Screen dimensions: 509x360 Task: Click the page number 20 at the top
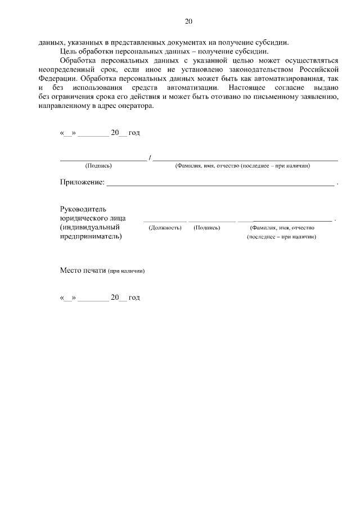click(188, 21)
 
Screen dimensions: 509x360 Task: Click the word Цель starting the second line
click(68, 51)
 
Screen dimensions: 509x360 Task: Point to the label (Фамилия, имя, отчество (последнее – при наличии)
click(242, 166)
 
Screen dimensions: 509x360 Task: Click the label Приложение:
click(82, 182)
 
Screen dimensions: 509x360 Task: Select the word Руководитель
click(83, 209)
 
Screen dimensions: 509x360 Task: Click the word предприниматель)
click(91, 237)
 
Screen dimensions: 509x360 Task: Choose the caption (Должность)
click(165, 228)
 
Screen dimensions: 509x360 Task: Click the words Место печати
click(83, 270)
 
